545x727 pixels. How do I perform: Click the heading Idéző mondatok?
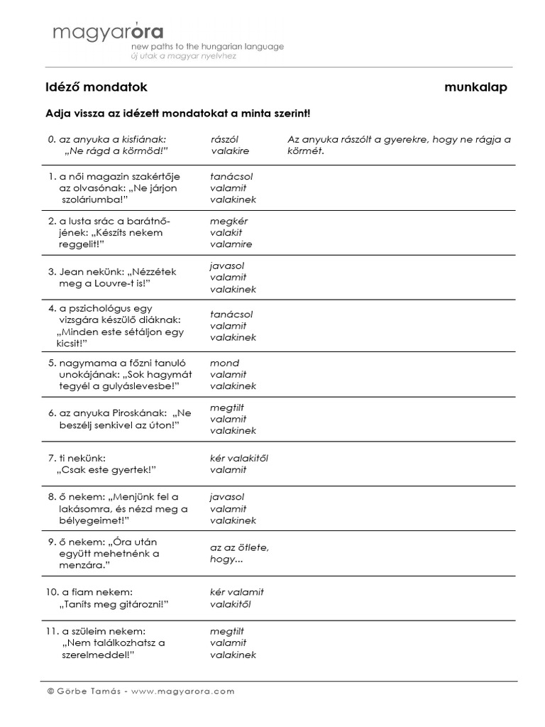pos(96,87)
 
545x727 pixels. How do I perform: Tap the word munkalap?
pos(475,87)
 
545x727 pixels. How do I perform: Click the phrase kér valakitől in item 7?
pos(239,458)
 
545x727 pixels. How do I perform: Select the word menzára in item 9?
pos(84,564)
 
